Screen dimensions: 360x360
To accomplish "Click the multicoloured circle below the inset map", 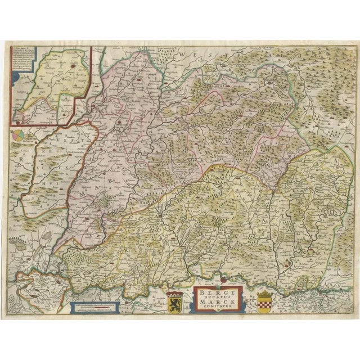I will [x=19, y=135].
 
